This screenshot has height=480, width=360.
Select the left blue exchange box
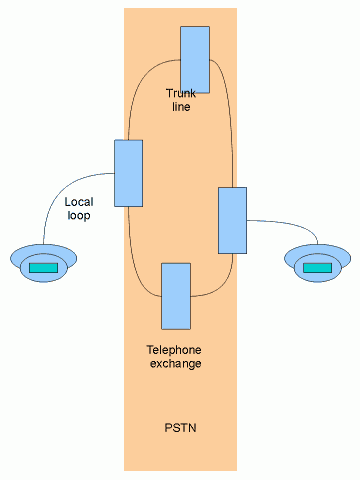point(129,173)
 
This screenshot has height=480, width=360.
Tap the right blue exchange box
point(232,220)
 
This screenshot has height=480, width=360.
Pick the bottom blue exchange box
point(176,296)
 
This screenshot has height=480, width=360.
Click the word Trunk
point(182,93)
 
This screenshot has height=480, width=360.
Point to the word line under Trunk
point(181,106)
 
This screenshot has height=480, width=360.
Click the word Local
point(79,202)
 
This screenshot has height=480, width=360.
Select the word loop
point(78,215)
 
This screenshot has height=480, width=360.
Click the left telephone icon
point(43,265)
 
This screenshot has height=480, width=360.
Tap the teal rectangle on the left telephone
point(43,268)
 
